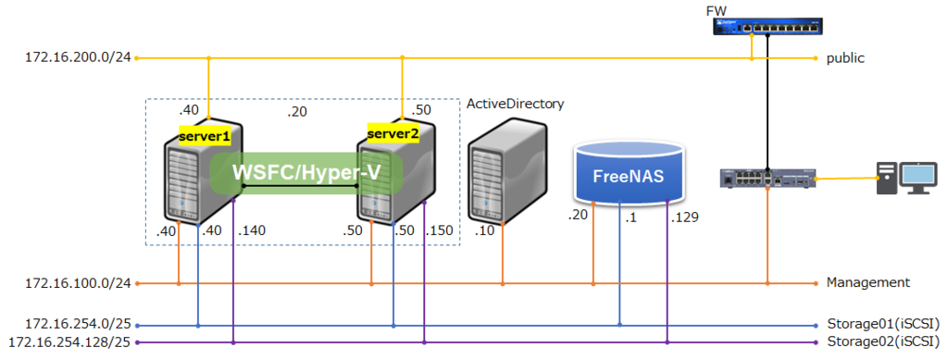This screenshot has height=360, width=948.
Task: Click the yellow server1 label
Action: pyautogui.click(x=205, y=136)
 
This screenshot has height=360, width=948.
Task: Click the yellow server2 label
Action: pyautogui.click(x=393, y=133)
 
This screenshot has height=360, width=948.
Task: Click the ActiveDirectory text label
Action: pyautogui.click(x=515, y=104)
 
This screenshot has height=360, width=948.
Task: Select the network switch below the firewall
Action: pyautogui.click(x=767, y=177)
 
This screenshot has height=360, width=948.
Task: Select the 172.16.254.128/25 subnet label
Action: pyautogui.click(x=69, y=342)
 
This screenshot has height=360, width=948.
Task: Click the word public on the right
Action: pyautogui.click(x=845, y=58)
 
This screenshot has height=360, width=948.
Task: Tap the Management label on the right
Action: pyautogui.click(x=867, y=282)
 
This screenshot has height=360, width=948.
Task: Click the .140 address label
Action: pyautogui.click(x=252, y=230)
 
